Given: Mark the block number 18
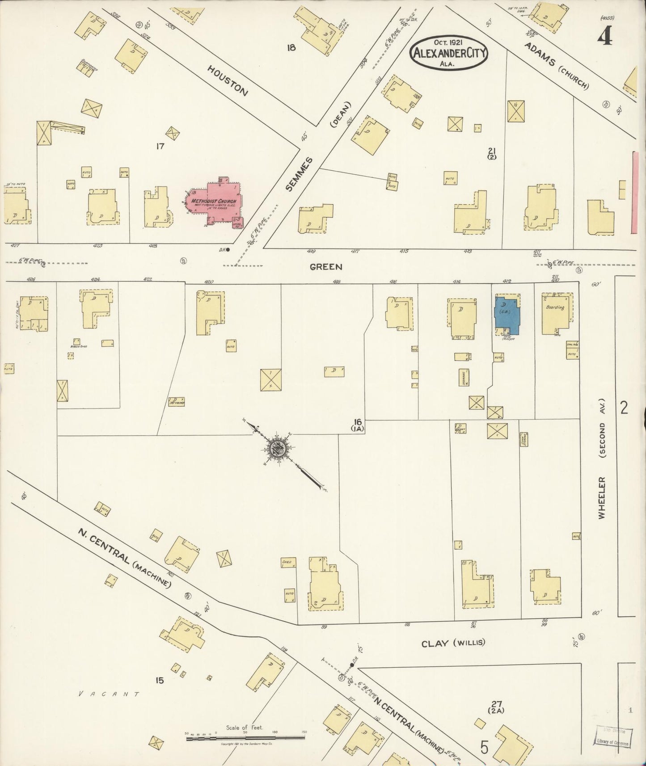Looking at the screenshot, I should (291, 47).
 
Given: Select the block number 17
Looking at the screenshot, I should (160, 146).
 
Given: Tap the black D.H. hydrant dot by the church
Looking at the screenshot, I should (228, 250).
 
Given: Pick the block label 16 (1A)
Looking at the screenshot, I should (358, 424).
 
